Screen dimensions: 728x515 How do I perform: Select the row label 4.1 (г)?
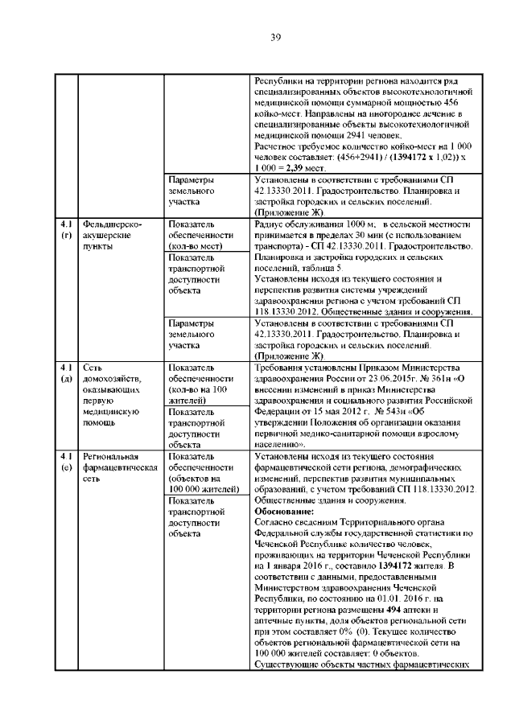[66, 229]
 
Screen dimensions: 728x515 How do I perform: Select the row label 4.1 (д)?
[66, 373]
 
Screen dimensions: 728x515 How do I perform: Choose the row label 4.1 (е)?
[66, 461]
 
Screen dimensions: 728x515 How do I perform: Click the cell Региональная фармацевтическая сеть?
[112, 467]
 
